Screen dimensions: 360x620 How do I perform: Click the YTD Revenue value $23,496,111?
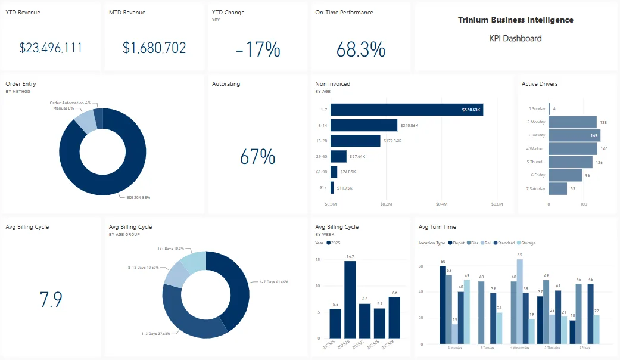pyautogui.click(x=51, y=48)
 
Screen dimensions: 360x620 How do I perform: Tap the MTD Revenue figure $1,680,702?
pyautogui.click(x=154, y=48)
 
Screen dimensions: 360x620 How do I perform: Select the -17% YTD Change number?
pyautogui.click(x=257, y=49)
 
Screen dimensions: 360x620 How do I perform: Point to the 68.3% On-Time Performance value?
pyautogui.click(x=361, y=49)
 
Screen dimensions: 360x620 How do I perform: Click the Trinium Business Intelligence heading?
pyautogui.click(x=515, y=20)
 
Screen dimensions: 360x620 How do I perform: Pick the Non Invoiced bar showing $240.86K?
pyautogui.click(x=364, y=125)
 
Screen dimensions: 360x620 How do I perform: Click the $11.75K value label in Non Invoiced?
pyautogui.click(x=344, y=188)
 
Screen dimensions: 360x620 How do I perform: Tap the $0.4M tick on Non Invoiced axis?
pyautogui.click(x=441, y=204)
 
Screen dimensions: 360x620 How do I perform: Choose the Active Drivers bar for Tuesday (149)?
pyautogui.click(x=574, y=135)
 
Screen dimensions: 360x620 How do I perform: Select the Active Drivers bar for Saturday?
pyautogui.click(x=557, y=188)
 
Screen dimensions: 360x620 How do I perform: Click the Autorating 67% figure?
pyautogui.click(x=257, y=157)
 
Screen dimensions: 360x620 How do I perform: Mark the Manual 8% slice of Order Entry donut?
pyautogui.click(x=85, y=121)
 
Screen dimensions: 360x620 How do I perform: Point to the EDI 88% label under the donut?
pyautogui.click(x=138, y=197)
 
